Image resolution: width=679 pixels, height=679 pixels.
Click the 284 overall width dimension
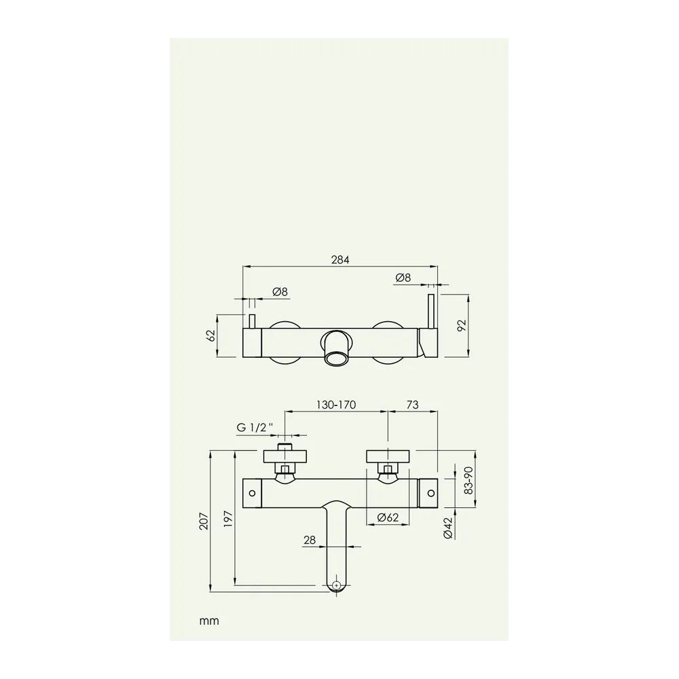[340, 260]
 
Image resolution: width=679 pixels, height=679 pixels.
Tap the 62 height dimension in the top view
[211, 335]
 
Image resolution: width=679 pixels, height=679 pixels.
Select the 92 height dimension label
[461, 325]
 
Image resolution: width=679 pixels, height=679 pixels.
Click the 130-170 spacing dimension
[336, 405]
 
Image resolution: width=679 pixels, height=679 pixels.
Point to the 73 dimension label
[413, 405]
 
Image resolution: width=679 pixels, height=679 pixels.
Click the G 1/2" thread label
[255, 427]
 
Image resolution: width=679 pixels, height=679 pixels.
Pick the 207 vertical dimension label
[204, 521]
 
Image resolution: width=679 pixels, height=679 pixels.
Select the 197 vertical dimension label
[229, 519]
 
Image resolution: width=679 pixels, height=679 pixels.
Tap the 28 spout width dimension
[310, 540]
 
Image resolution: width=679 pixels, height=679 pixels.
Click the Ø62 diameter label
[388, 517]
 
